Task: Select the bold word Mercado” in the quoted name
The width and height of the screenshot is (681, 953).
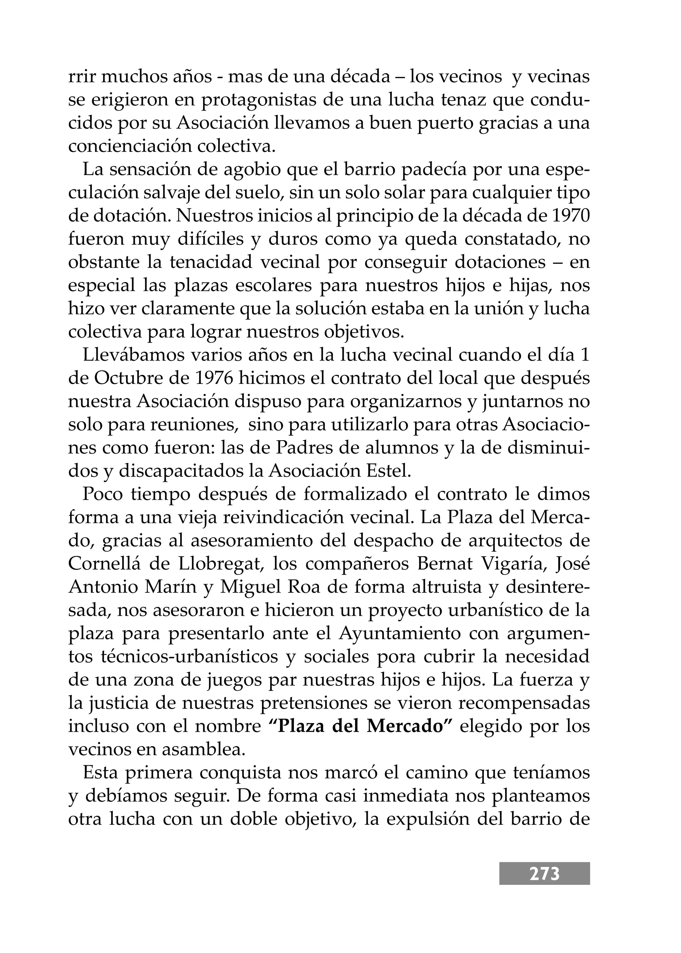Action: tap(411, 726)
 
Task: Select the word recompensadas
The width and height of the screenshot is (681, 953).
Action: tap(524, 703)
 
